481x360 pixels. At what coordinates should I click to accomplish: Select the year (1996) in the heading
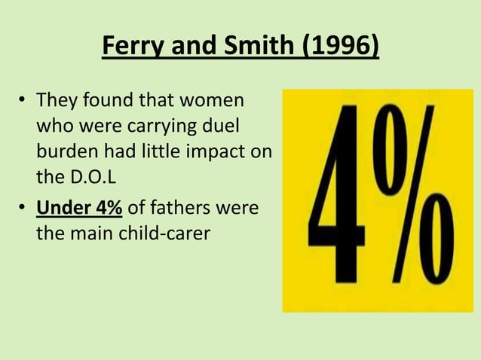click(x=340, y=50)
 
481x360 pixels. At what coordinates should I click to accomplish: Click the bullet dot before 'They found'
click(x=23, y=101)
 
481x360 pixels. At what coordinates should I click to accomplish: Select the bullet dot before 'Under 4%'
click(x=23, y=209)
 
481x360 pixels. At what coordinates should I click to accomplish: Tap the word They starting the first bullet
click(x=56, y=100)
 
